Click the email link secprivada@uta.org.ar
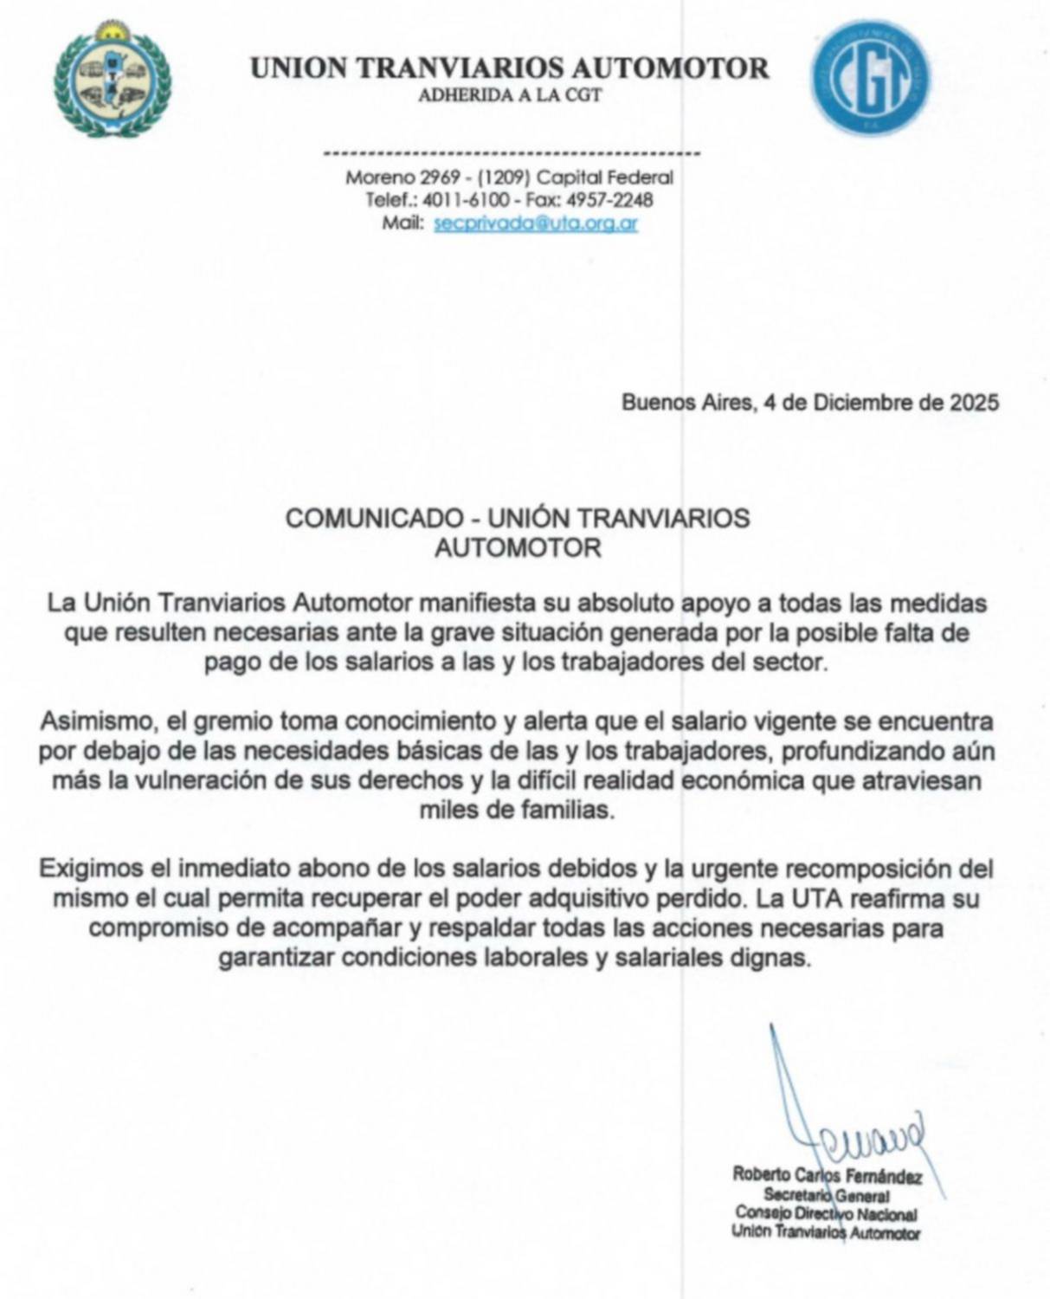click(536, 223)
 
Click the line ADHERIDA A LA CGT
click(510, 95)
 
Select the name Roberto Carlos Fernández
click(827, 1176)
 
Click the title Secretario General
click(826, 1195)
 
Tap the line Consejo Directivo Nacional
click(826, 1214)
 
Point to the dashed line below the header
click(510, 154)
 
